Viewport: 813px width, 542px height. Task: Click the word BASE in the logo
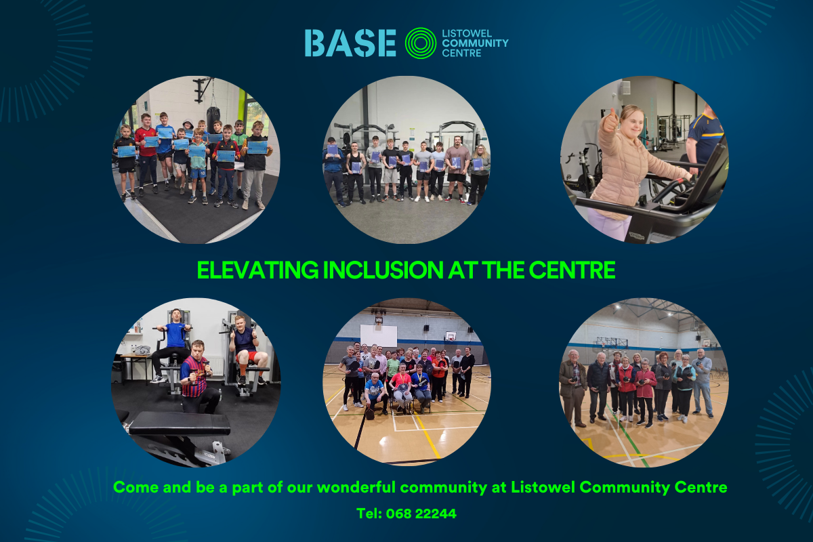(x=350, y=43)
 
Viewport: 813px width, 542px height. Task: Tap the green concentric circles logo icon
(x=420, y=43)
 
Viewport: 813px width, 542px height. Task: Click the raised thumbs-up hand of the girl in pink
(x=610, y=121)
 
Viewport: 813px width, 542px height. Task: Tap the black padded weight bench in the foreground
(x=180, y=424)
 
